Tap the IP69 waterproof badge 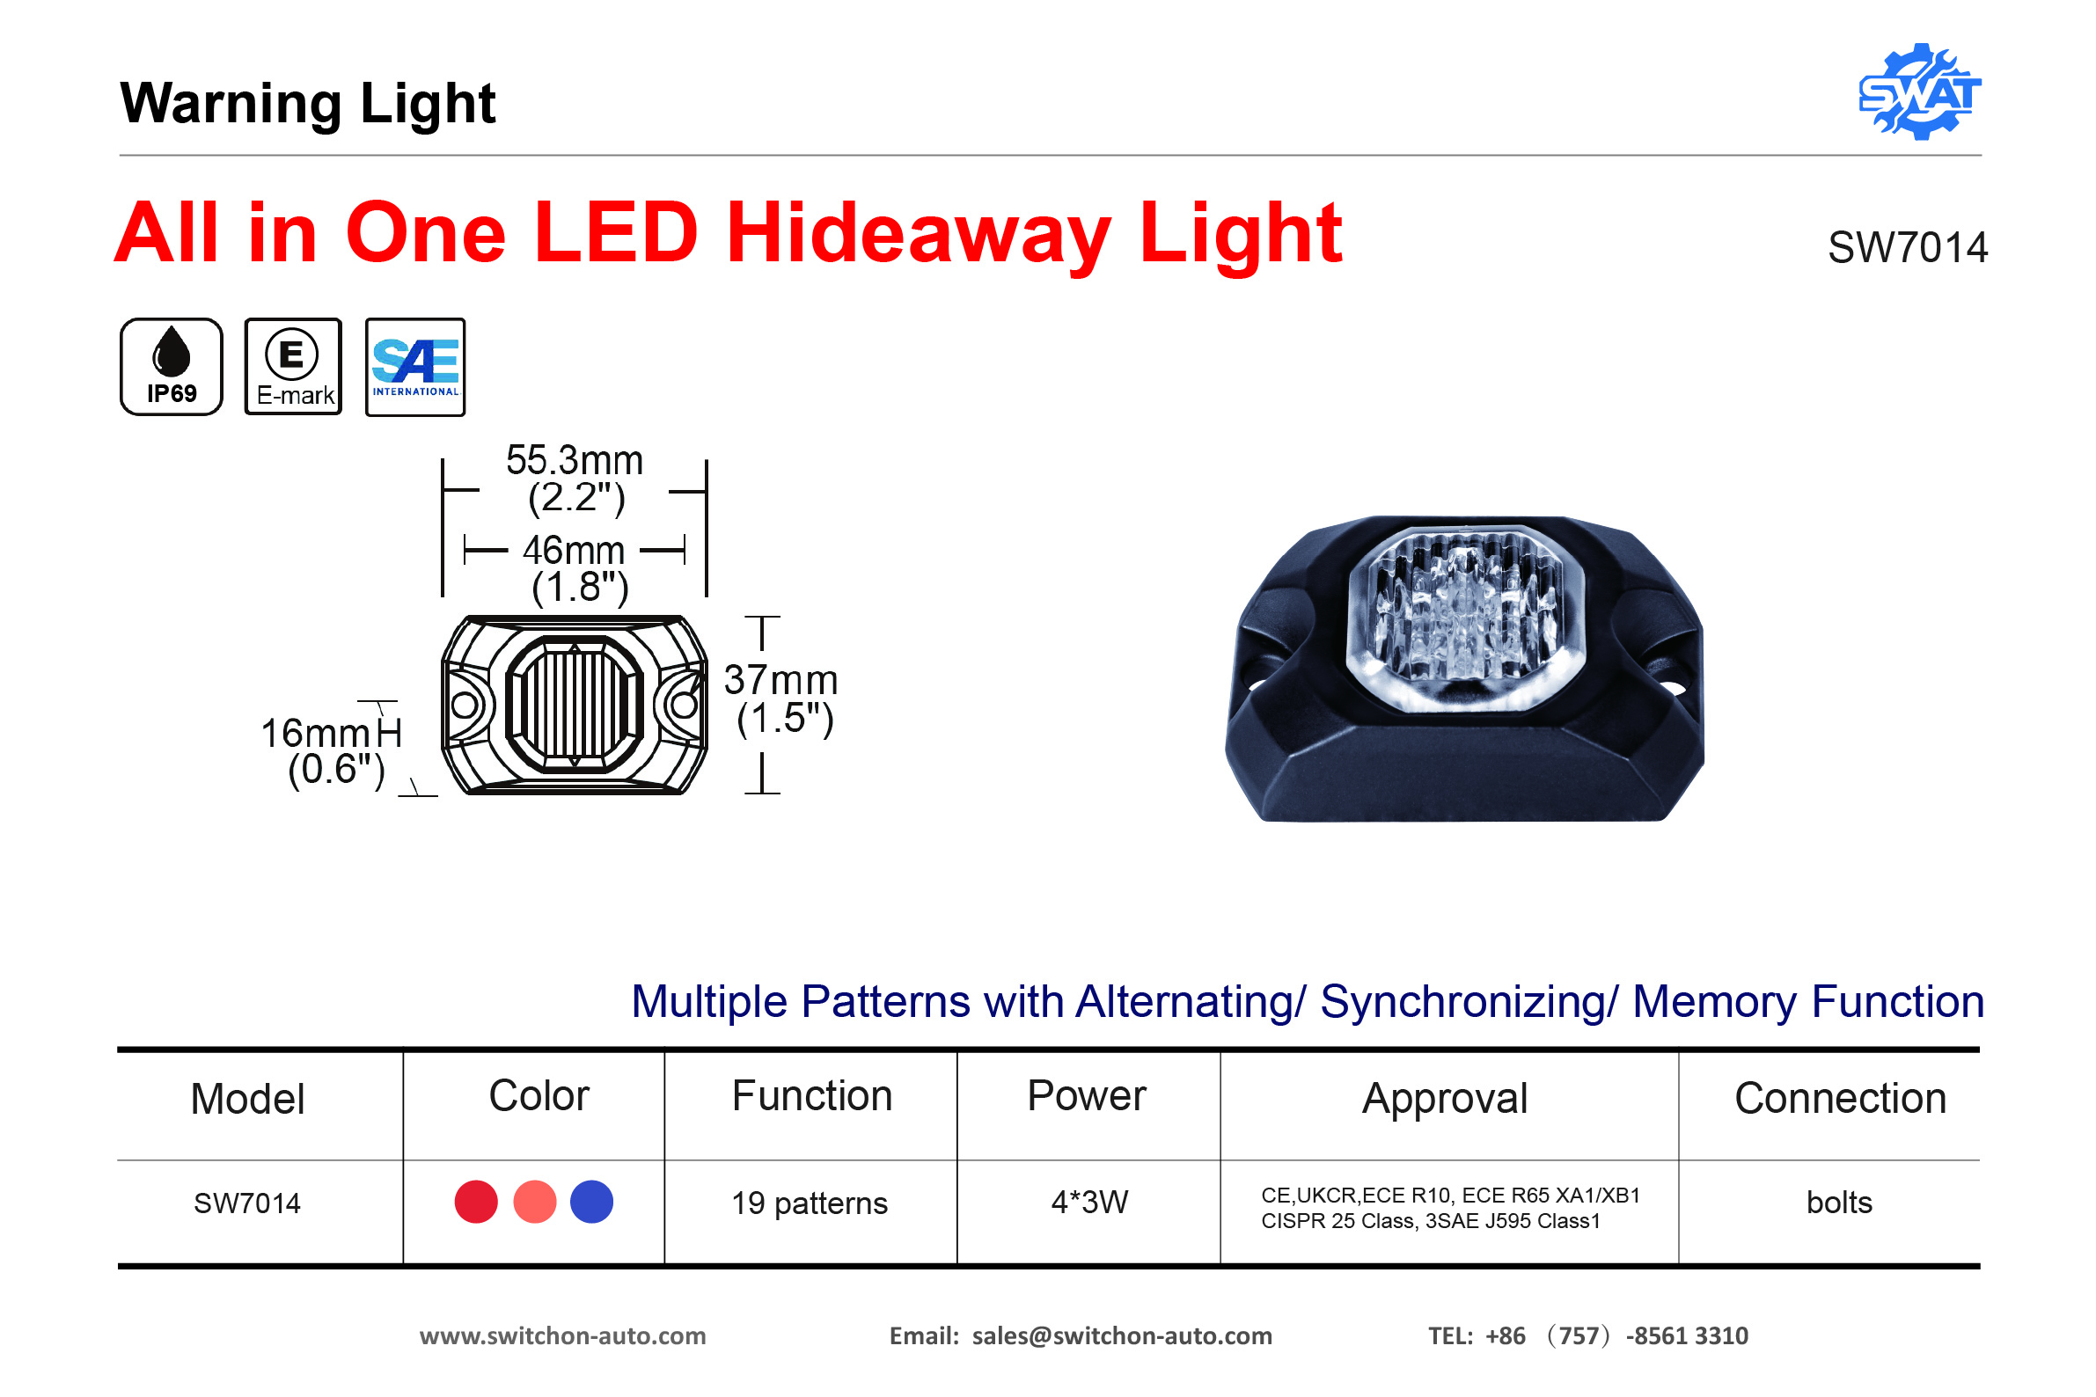click(x=171, y=366)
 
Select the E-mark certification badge click(x=293, y=366)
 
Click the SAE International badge click(x=415, y=366)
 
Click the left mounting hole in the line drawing click(x=465, y=706)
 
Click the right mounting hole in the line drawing click(x=685, y=706)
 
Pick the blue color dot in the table click(x=591, y=1202)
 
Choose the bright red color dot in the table click(x=476, y=1202)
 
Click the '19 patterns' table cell click(x=810, y=1203)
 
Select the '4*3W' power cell click(x=1090, y=1203)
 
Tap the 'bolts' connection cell click(x=1839, y=1203)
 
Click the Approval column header click(x=1445, y=1099)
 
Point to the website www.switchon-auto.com click(x=563, y=1336)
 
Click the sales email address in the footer click(x=1122, y=1336)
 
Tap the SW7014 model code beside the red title click(x=1908, y=248)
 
